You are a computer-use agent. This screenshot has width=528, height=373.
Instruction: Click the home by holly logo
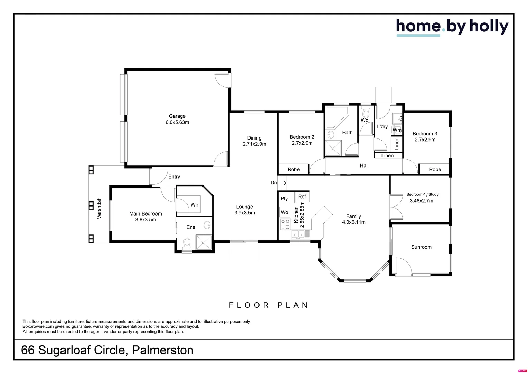[452, 27]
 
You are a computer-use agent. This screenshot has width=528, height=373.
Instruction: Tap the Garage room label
[177, 116]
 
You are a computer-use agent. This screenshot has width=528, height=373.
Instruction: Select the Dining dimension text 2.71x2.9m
[254, 144]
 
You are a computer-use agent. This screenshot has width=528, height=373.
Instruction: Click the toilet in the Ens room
[187, 243]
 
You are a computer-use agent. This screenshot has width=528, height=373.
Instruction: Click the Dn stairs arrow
[282, 183]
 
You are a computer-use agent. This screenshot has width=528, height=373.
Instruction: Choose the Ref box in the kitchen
[302, 197]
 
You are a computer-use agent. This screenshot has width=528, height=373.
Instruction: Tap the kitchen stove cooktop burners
[285, 224]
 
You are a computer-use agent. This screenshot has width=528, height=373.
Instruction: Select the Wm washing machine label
[397, 130]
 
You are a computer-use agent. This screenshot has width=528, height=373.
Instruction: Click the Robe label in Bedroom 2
[293, 169]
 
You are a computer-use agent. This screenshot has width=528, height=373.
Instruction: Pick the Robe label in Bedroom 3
[435, 169]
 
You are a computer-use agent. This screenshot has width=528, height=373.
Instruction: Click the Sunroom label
[421, 247]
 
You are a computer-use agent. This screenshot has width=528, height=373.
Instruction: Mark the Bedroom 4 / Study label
[422, 194]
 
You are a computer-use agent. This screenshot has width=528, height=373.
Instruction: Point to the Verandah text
[99, 208]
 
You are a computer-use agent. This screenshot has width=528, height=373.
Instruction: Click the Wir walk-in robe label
[195, 205]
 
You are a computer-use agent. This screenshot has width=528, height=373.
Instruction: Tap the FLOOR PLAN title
[269, 305]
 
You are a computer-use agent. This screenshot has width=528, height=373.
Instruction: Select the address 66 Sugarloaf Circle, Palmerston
[107, 350]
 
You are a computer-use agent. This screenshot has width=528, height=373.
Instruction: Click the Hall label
[364, 165]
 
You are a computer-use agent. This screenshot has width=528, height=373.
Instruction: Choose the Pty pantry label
[284, 198]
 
